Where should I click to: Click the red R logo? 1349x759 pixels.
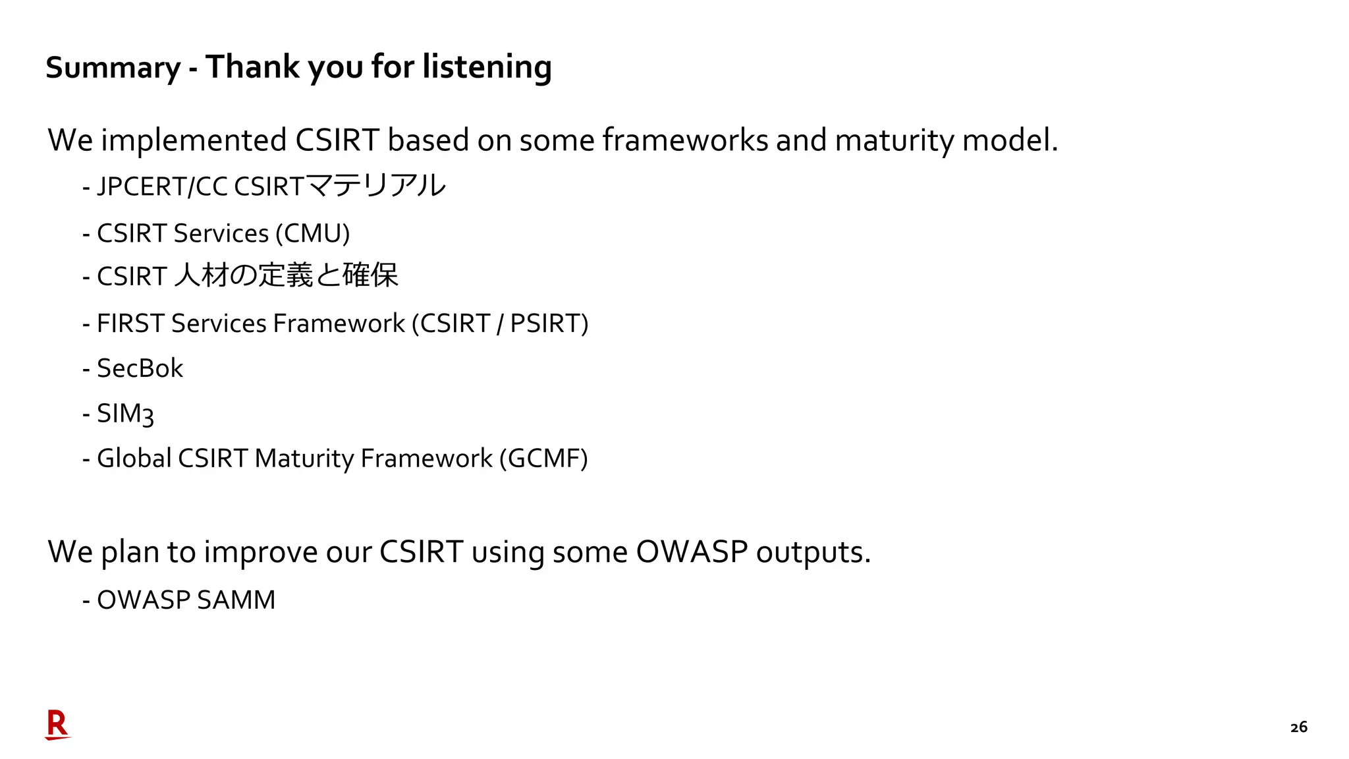coord(57,724)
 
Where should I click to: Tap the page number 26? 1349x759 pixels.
coord(1298,727)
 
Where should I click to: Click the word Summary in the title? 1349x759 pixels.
coord(113,68)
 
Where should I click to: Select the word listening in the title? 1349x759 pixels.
coord(487,68)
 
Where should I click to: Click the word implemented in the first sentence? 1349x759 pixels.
coord(194,140)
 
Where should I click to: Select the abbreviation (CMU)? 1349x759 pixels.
coord(313,234)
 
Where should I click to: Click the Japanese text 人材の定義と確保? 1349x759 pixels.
coord(287,275)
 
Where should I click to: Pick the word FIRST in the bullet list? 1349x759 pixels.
coord(130,323)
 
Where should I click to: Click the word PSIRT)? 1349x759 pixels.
coord(549,323)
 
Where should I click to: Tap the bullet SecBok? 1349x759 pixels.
coord(140,368)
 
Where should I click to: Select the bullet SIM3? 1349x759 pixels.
coord(125,414)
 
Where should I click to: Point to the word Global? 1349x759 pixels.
coord(134,459)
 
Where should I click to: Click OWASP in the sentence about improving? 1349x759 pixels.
coord(692,552)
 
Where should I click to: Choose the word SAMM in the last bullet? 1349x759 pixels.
coord(236,600)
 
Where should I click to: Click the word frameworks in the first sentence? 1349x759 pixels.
coord(685,140)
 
